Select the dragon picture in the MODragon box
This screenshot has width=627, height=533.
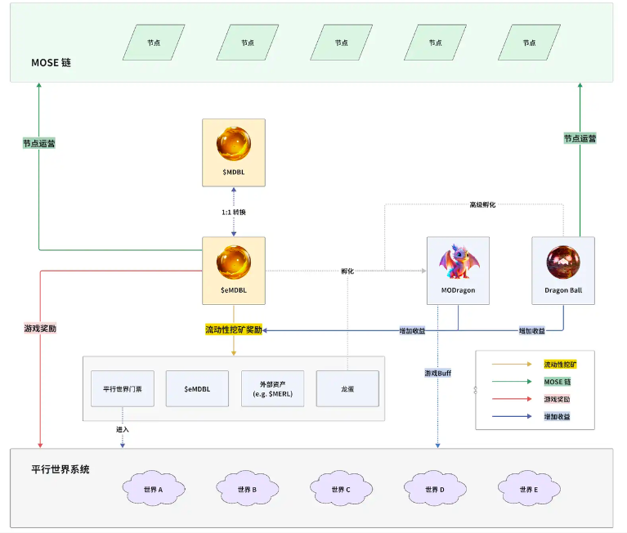tap(457, 261)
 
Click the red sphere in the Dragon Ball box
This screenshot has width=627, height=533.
tap(562, 261)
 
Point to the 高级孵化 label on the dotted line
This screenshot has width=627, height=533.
tap(482, 204)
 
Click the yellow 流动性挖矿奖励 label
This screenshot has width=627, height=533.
tap(234, 329)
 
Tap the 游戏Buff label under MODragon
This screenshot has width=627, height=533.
tap(438, 373)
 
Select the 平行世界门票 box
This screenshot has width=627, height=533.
tap(123, 389)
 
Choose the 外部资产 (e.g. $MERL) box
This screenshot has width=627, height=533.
tap(272, 389)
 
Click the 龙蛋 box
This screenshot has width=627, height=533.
tap(347, 389)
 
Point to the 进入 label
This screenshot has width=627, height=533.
tap(123, 429)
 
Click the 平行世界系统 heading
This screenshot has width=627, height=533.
tap(60, 469)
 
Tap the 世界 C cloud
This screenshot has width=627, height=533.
tap(341, 489)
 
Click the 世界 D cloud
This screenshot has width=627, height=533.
tap(435, 489)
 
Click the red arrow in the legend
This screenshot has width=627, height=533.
tap(511, 399)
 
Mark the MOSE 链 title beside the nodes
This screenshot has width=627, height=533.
tap(52, 62)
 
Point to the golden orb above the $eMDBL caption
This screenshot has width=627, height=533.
tap(233, 261)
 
